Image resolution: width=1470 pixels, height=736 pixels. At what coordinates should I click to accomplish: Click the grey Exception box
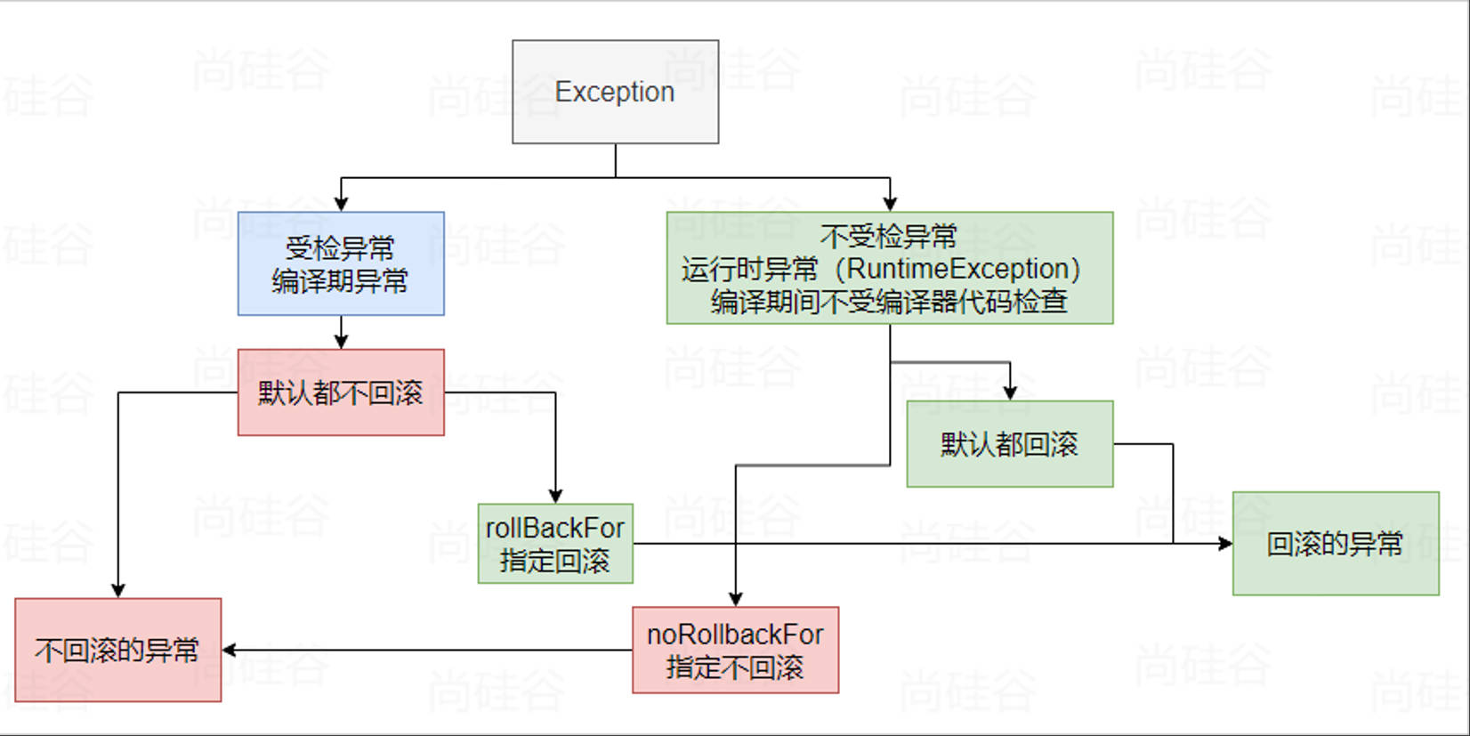[615, 92]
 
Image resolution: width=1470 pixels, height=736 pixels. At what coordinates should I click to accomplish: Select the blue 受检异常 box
[341, 263]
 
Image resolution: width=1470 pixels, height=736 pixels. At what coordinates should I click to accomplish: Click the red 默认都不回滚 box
[341, 392]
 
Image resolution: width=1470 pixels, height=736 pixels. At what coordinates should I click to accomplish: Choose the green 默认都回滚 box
[1009, 444]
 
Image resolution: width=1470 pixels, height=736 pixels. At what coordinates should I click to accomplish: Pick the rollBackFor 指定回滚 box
[555, 544]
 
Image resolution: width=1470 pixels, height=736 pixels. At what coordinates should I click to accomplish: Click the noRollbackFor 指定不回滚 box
[735, 650]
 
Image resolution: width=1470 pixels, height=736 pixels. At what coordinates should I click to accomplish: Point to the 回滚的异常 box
[1335, 544]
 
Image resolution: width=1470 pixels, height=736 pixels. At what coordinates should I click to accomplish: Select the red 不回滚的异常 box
[117, 650]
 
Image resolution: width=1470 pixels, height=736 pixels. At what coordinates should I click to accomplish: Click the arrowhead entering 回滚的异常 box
[1226, 543]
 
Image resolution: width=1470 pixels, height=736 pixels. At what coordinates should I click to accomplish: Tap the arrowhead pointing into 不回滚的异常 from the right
[229, 650]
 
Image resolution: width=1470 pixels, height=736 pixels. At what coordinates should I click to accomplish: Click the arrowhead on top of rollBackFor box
[555, 497]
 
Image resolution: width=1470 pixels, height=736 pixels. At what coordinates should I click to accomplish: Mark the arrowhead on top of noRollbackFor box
[735, 600]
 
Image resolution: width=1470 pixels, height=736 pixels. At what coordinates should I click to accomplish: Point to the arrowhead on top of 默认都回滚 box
[1010, 393]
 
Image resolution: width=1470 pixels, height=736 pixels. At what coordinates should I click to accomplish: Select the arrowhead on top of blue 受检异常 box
[341, 205]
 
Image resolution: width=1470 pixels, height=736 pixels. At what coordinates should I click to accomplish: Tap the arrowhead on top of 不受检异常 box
[890, 205]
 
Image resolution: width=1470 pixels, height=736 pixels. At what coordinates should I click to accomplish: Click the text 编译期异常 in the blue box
[340, 281]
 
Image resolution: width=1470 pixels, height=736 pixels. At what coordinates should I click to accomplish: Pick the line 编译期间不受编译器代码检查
[889, 302]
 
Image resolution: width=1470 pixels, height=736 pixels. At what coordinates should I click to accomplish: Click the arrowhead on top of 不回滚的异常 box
[118, 591]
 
